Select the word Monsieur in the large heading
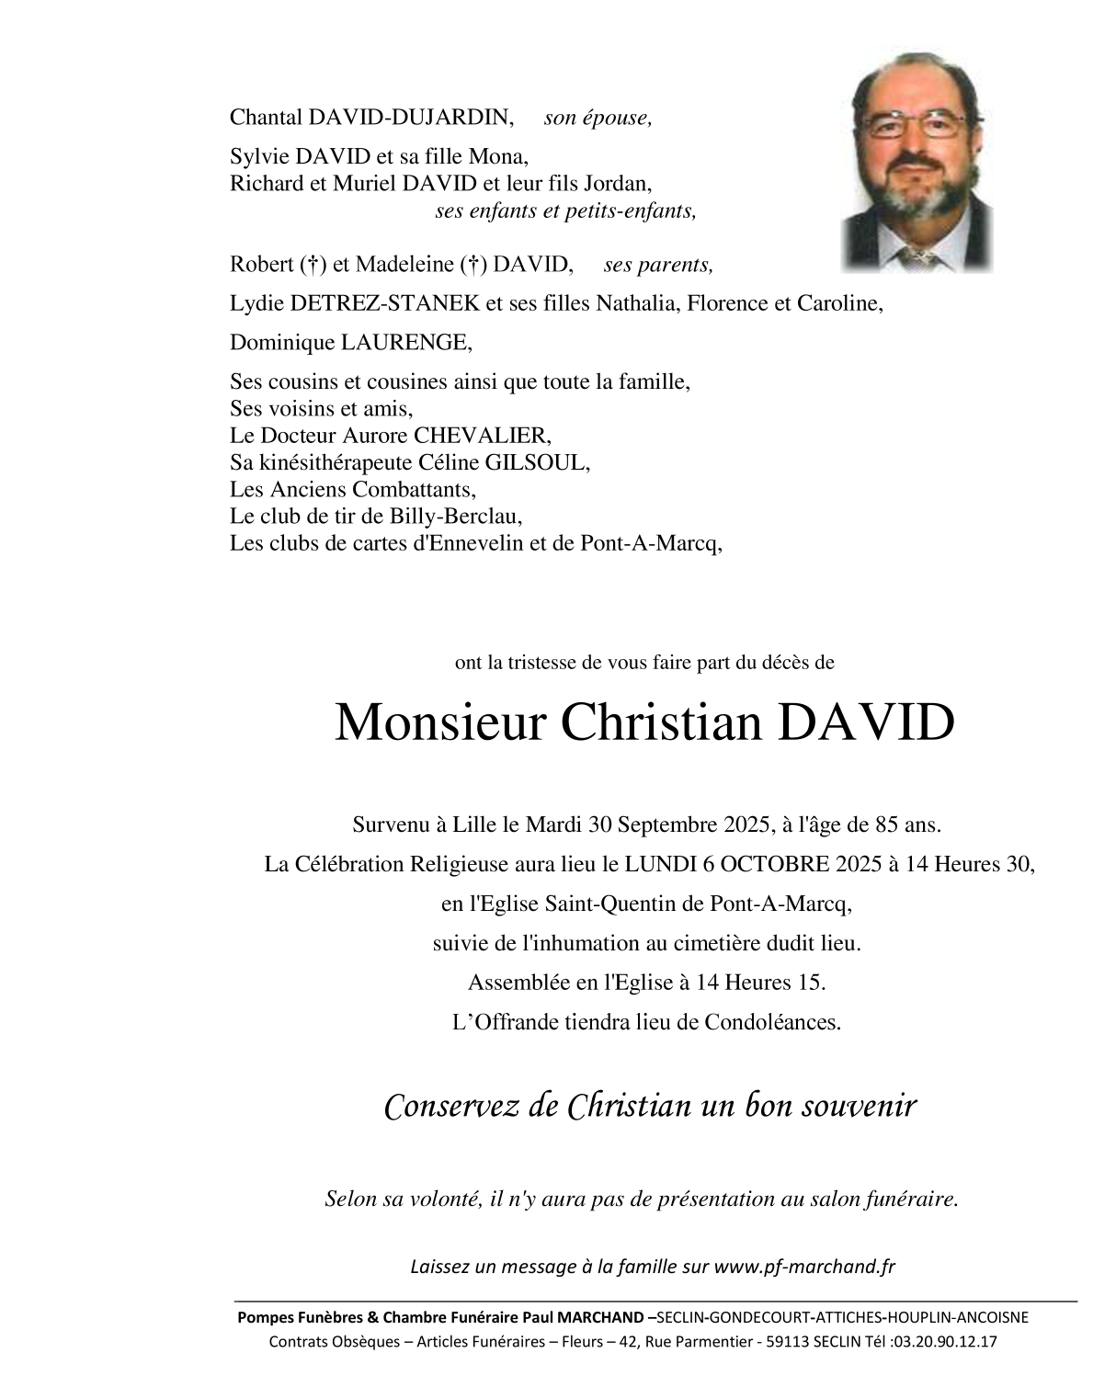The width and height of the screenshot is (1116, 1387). point(439,723)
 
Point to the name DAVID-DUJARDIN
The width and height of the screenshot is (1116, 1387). point(411,117)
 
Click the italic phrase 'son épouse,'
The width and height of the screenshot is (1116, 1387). point(598,117)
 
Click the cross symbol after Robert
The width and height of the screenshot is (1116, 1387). point(313,266)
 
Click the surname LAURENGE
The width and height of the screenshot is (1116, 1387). point(405,343)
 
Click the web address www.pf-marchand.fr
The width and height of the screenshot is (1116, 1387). point(804,1267)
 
